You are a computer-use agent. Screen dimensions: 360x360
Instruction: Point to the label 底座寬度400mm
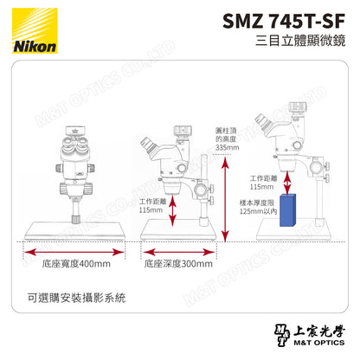(x=76, y=263)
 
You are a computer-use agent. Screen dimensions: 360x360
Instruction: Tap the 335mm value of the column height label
(x=226, y=149)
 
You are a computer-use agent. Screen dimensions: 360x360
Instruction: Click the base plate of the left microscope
(x=76, y=230)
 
